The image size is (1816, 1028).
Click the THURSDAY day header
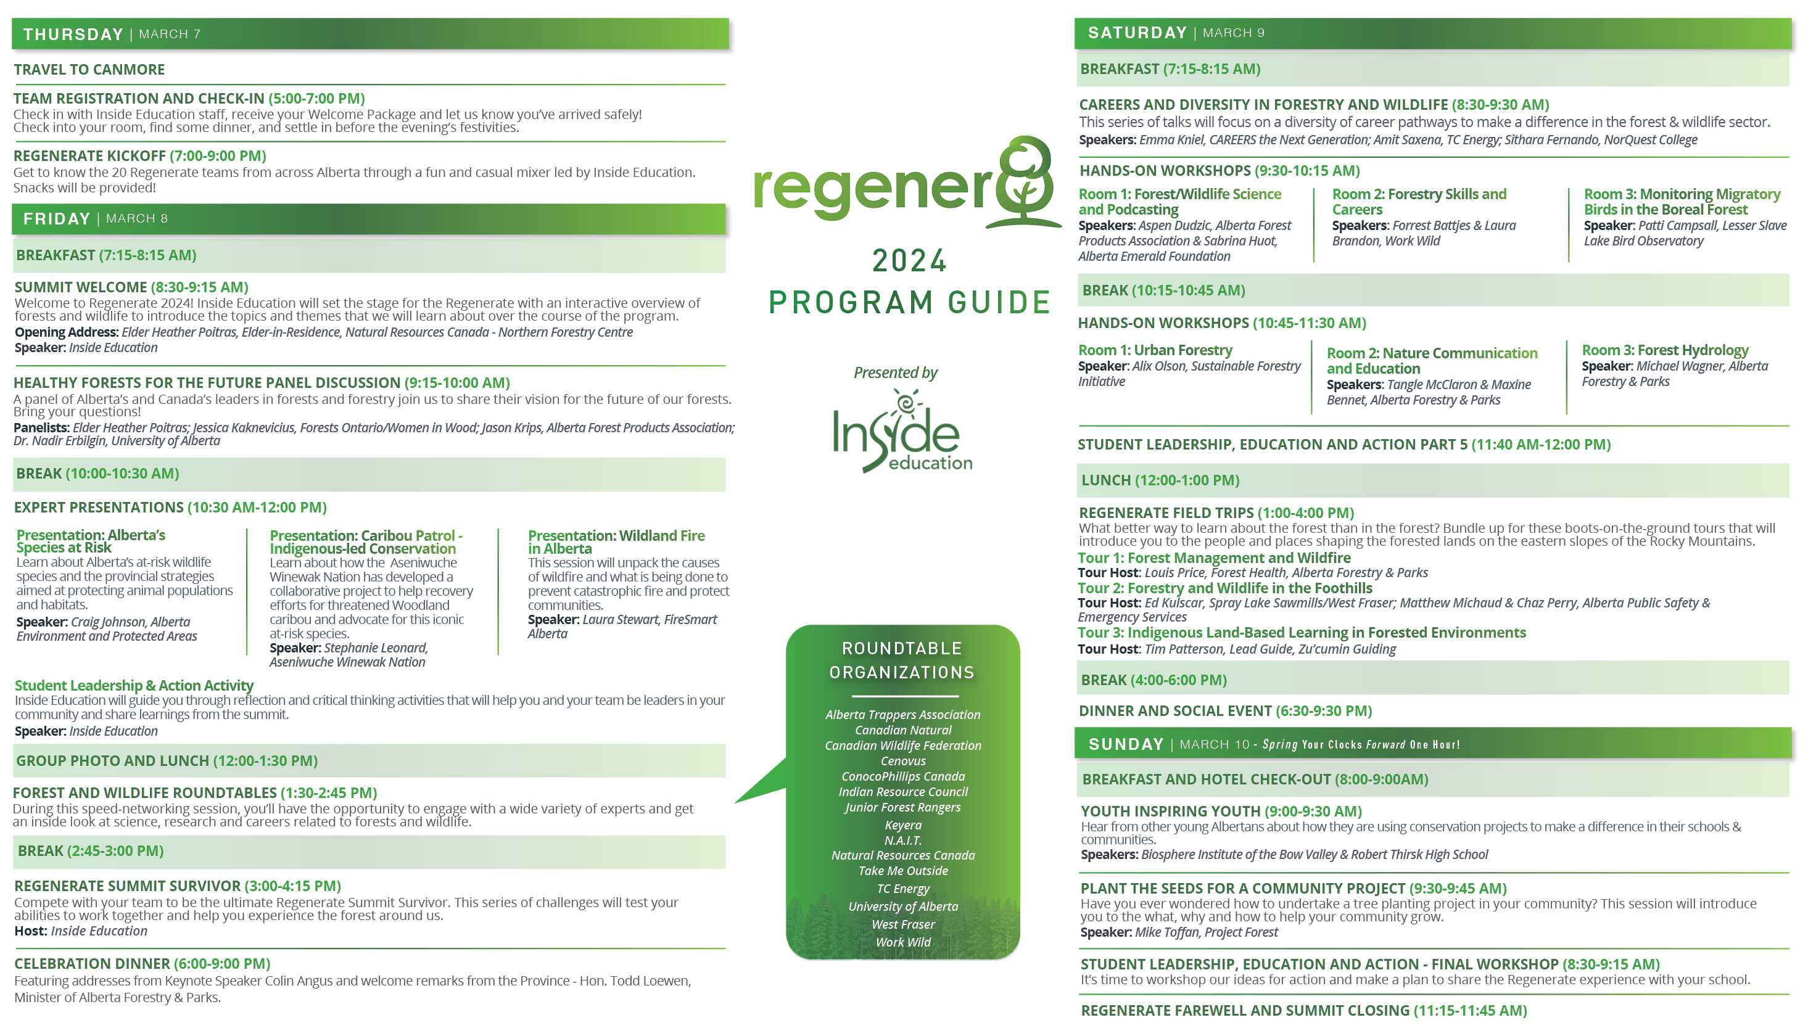coord(73,34)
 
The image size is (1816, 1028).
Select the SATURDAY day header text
coord(1137,33)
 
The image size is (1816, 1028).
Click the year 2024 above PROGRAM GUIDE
coord(909,260)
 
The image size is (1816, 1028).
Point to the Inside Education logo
coord(902,430)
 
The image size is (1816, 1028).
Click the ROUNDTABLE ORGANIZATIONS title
coord(902,660)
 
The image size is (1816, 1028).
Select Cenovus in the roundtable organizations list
coord(903,760)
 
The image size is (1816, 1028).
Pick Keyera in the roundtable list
coord(903,824)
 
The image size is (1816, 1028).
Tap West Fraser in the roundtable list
coord(903,924)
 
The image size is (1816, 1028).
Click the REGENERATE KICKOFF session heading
coord(140,155)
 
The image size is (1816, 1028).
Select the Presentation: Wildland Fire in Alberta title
coord(616,541)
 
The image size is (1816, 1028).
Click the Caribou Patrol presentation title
coord(366,541)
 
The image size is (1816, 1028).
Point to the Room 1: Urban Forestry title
coord(1155,350)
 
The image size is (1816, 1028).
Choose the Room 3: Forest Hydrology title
coord(1665,350)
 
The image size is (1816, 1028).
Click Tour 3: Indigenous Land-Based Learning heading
coord(1302,633)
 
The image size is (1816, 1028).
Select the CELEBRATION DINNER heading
coord(142,963)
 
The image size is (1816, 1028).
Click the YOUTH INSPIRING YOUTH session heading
coord(1221,812)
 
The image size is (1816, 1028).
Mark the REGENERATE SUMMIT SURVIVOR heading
coord(177,886)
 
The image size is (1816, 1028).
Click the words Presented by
coord(895,373)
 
